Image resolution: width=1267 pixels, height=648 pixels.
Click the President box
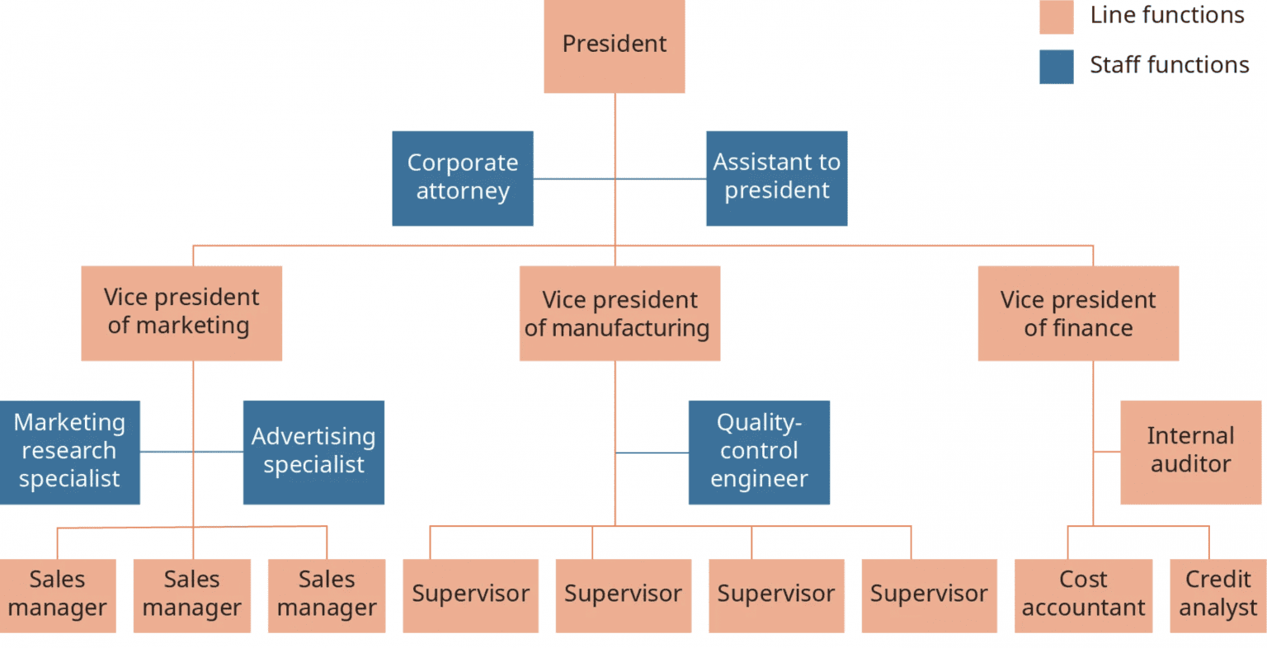pyautogui.click(x=614, y=45)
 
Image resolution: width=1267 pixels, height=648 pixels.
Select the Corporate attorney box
pyautogui.click(x=462, y=177)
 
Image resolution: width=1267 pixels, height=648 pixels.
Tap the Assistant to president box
pyautogui.click(x=776, y=177)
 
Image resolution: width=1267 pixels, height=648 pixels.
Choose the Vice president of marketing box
pyautogui.click(x=181, y=312)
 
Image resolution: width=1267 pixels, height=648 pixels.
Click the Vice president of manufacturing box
pyautogui.click(x=619, y=313)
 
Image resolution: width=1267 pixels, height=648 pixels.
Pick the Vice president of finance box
pyautogui.click(x=1077, y=313)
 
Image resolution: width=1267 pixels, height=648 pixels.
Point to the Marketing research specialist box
pyautogui.click(x=69, y=452)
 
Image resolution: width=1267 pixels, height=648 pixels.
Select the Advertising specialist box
pyautogui.click(x=313, y=452)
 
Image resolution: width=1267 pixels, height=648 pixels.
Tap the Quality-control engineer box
pyautogui.click(x=759, y=452)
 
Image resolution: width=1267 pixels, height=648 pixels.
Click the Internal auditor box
pyautogui.click(x=1190, y=452)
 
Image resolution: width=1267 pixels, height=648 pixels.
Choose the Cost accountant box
pyautogui.click(x=1082, y=595)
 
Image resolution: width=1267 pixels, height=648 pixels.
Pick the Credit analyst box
pyautogui.click(x=1218, y=595)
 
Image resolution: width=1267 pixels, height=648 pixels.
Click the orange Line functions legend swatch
pyautogui.click(x=1056, y=17)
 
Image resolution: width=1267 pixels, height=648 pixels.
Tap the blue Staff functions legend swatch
pyautogui.click(x=1056, y=67)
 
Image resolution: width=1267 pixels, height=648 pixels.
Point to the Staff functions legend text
pyautogui.click(x=1169, y=65)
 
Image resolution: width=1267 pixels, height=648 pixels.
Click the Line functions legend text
pyautogui.click(x=1166, y=16)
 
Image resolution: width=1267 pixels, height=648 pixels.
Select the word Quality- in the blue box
pyautogui.click(x=759, y=423)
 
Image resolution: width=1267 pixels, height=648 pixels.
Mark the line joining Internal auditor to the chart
pyautogui.click(x=1106, y=452)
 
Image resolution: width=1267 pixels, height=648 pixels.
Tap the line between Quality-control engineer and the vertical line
pyautogui.click(x=652, y=453)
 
